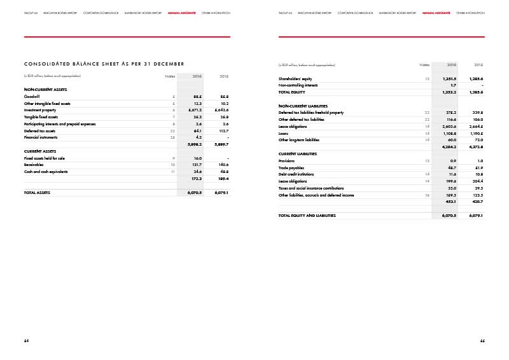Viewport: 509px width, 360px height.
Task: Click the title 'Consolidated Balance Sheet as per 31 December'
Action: pyautogui.click(x=104, y=64)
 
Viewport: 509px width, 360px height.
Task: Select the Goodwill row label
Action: pyautogui.click(x=32, y=96)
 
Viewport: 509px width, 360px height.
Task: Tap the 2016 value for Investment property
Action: pyautogui.click(x=194, y=110)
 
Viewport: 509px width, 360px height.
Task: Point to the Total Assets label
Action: pyautogui.click(x=37, y=192)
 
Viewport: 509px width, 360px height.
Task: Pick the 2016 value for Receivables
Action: pyautogui.click(x=195, y=165)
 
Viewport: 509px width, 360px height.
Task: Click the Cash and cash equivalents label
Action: pyautogui.click(x=45, y=172)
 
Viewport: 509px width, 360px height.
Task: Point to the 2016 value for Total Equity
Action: pyautogui.click(x=449, y=92)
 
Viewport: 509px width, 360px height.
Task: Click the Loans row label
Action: pyautogui.click(x=284, y=134)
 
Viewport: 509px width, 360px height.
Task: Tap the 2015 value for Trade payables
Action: pyautogui.click(x=477, y=168)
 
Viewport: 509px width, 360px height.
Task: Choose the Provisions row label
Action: pyautogui.click(x=288, y=161)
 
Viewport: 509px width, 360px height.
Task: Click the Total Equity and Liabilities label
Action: pyautogui.click(x=307, y=216)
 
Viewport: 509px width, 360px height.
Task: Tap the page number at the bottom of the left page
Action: pyautogui.click(x=27, y=341)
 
